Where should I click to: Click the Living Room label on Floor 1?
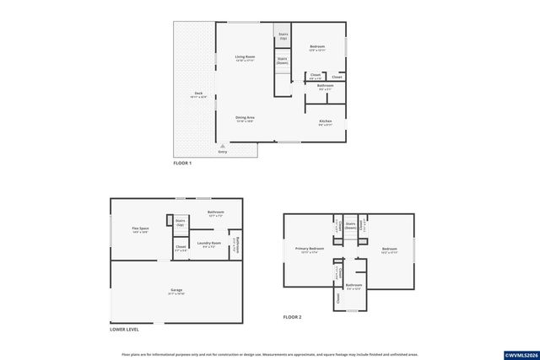point(245,57)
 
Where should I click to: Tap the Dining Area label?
point(245,118)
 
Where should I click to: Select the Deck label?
point(198,94)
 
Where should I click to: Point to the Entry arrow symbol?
point(223,145)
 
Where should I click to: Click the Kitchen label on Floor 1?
point(325,121)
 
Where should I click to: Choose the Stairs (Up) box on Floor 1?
point(283,37)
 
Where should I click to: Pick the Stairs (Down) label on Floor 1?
point(283,61)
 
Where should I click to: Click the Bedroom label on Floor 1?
point(316,46)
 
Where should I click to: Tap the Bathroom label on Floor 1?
point(325,85)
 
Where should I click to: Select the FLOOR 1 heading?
point(182,163)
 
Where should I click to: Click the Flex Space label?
point(140,228)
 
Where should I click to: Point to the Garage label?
point(176,291)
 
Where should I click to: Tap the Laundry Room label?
point(208,244)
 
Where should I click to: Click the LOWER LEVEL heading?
point(125,330)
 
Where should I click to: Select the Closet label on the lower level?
point(181,248)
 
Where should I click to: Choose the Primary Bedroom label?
point(310,250)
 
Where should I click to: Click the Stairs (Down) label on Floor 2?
point(350,227)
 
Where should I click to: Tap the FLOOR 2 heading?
point(292,317)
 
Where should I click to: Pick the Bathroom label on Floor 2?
point(354,285)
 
